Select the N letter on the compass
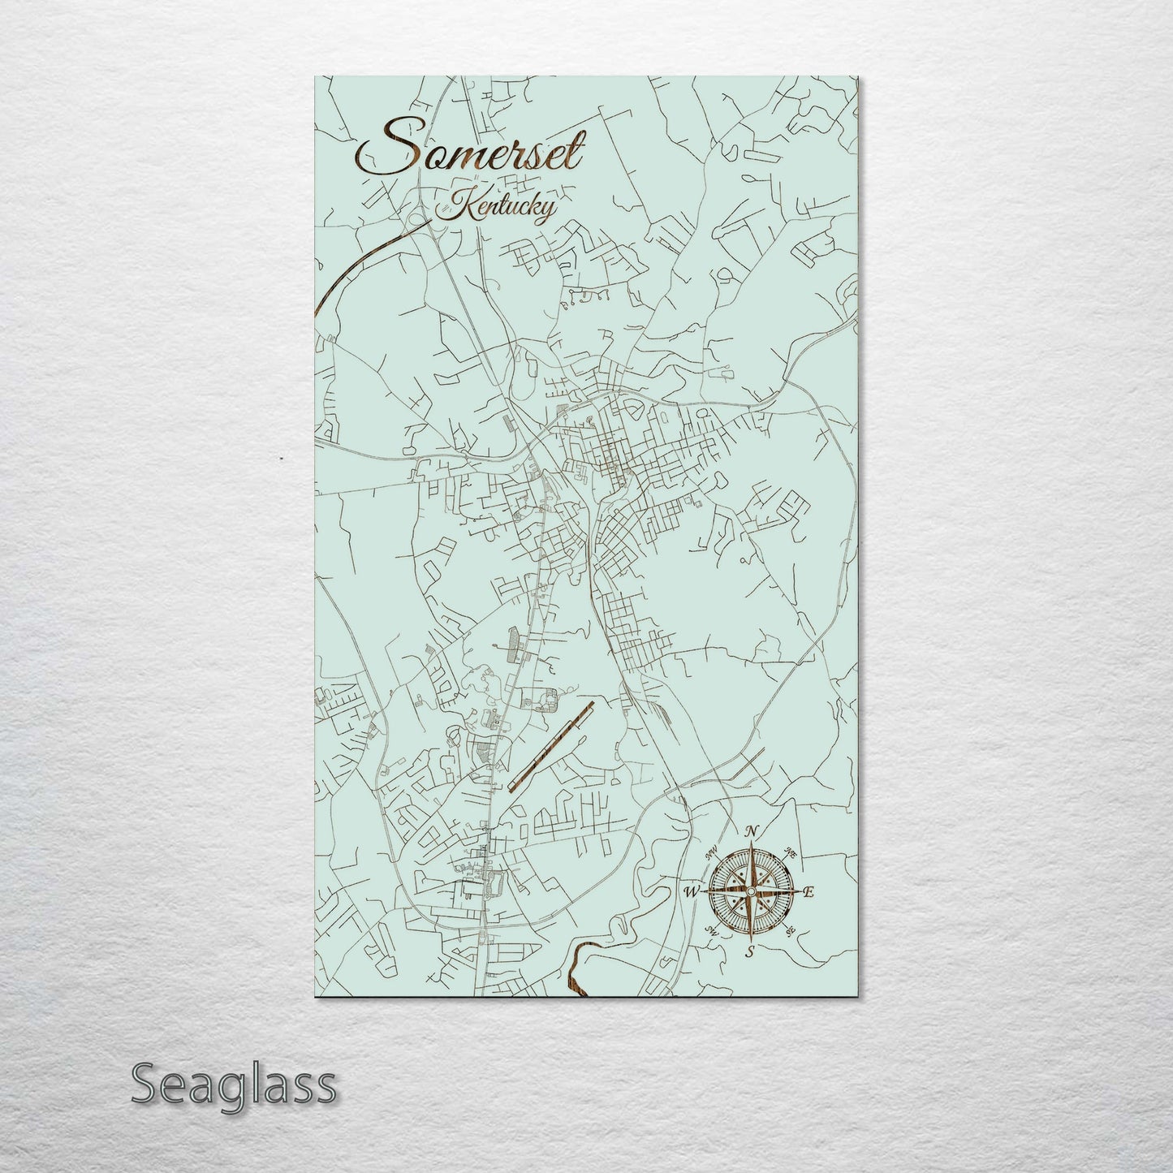(752, 830)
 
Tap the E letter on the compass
(808, 891)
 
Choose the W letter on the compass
(692, 891)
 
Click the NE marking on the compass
(791, 852)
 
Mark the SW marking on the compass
(712, 930)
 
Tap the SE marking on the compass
(790, 930)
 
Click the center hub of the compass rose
(751, 891)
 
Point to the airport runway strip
(551, 746)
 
